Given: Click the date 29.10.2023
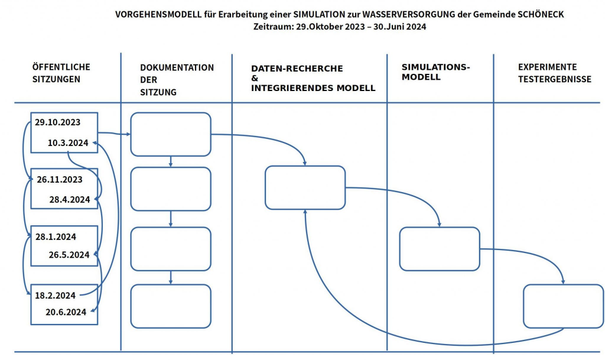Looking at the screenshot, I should [57, 122].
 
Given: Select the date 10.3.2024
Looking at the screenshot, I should [68, 142].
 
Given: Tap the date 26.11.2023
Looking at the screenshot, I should [59, 179].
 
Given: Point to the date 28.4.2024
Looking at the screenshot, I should [69, 199].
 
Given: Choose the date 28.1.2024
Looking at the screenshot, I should [56, 236].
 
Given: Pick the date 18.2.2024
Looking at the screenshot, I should [55, 295].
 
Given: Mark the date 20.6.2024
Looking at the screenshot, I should [66, 312].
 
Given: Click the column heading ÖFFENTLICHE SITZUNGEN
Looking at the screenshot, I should [60, 73].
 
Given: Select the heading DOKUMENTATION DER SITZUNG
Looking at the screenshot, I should [177, 80].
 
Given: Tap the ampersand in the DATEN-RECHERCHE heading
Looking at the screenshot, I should [255, 79].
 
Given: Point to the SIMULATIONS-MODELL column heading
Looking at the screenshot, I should [435, 72].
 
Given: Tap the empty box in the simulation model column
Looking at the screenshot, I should [439, 249].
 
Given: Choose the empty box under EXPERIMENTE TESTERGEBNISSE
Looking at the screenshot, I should [562, 306].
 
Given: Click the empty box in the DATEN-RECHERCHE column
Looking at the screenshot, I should [305, 187].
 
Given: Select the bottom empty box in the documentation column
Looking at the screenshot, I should [170, 306].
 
